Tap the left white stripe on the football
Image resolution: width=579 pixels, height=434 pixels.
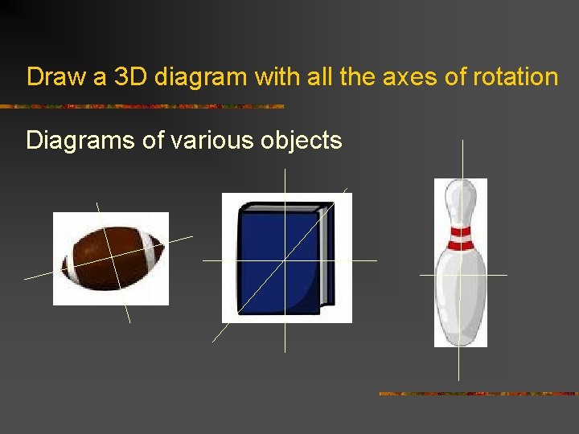coord(71,264)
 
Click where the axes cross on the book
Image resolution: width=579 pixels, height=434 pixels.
coord(285,260)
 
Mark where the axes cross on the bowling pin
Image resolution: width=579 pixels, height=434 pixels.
coord(459,274)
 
